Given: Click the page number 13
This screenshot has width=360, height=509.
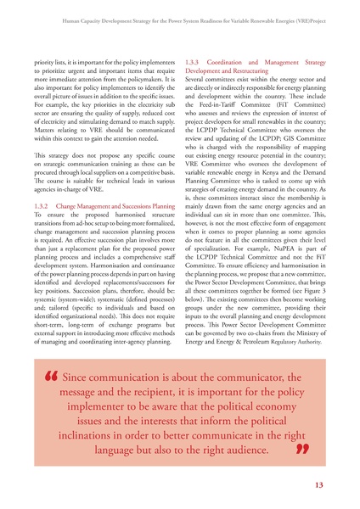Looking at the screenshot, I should tap(318, 484).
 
